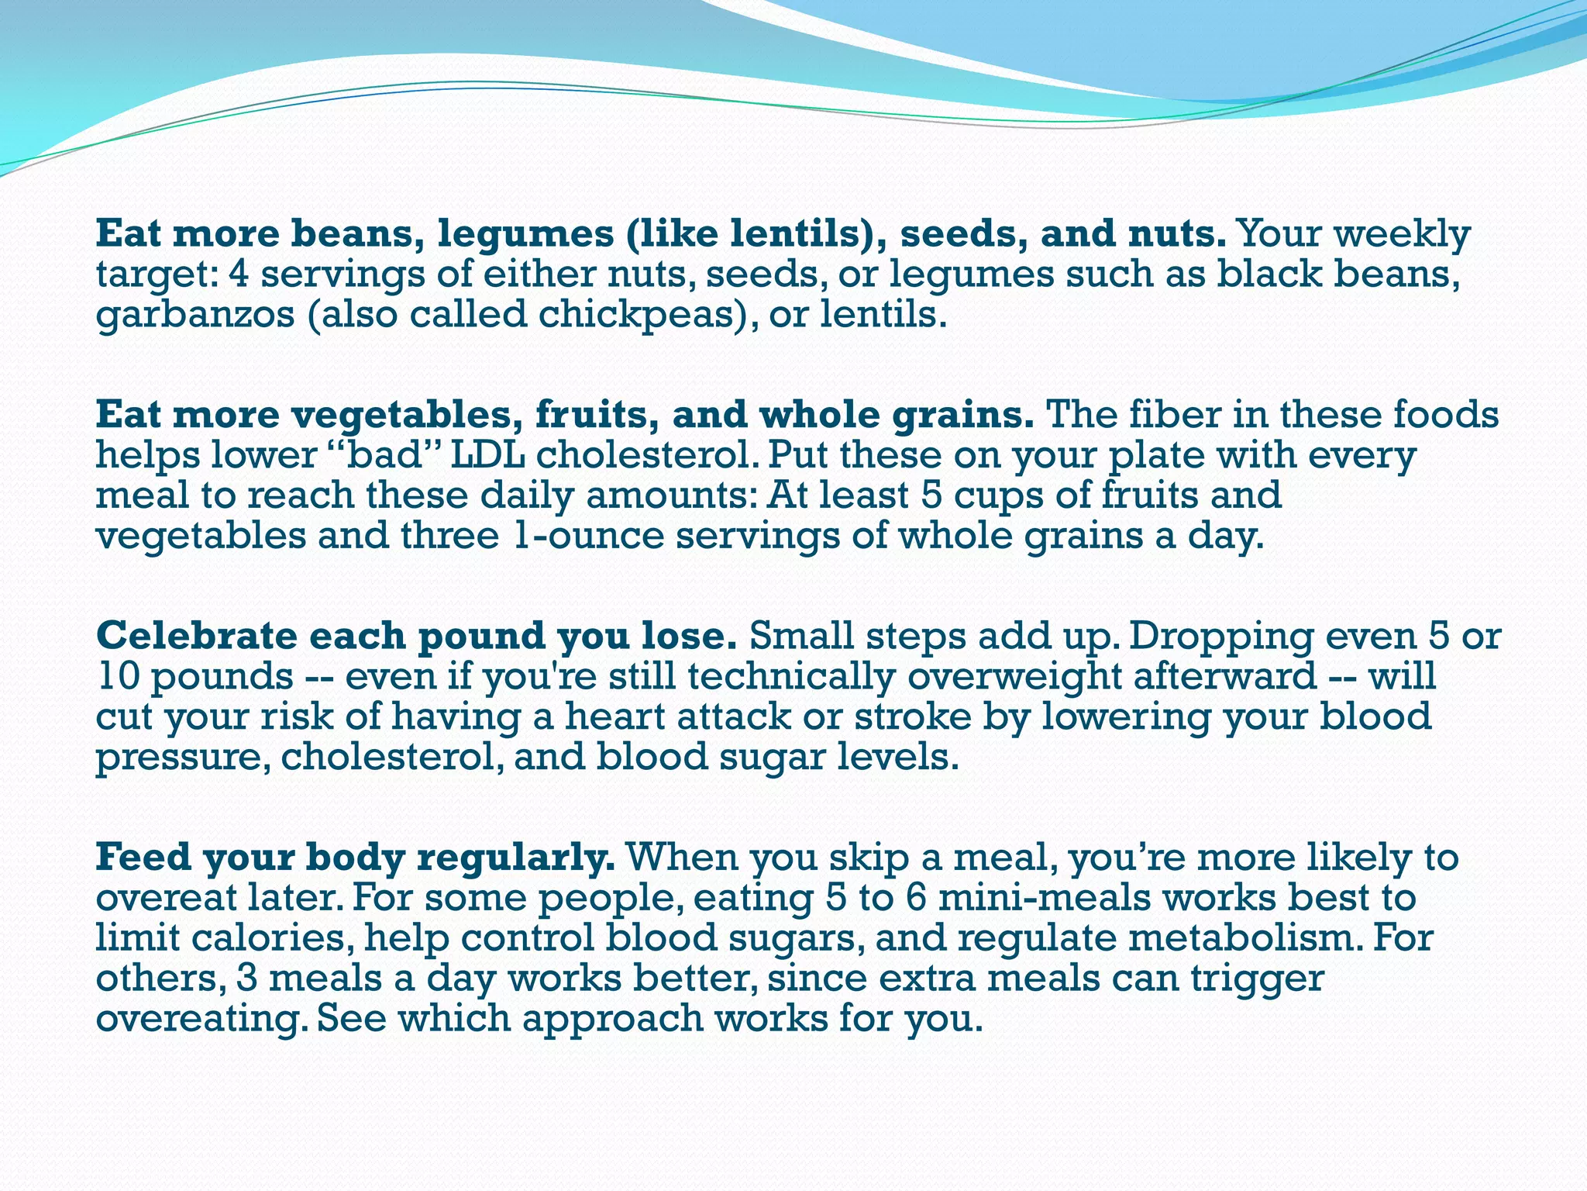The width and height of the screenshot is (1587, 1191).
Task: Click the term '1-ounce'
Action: [588, 536]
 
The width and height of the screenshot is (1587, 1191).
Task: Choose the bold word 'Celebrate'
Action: [197, 636]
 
